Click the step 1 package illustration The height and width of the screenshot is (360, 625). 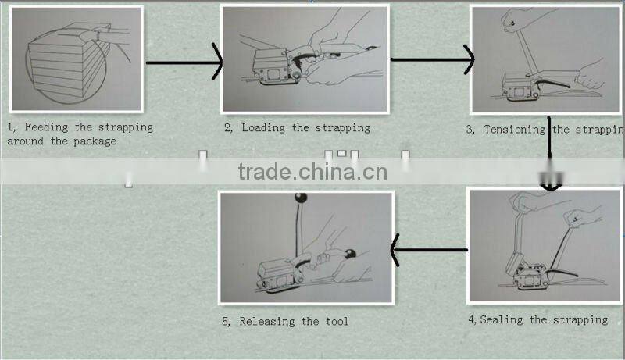76,59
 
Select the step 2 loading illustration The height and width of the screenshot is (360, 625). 305,59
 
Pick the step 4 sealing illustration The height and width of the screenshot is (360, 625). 545,245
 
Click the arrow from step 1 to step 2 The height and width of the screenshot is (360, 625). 184,62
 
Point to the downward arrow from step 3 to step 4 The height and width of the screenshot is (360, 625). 550,156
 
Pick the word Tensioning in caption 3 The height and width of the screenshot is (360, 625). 516,130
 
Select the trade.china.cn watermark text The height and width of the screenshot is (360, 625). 312,172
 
